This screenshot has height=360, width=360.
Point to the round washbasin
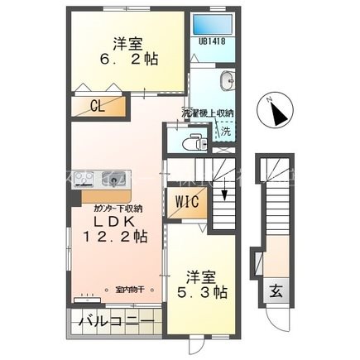[x=228, y=80]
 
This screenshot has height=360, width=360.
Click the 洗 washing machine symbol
[x=225, y=129]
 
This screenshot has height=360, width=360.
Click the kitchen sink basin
[x=109, y=178]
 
